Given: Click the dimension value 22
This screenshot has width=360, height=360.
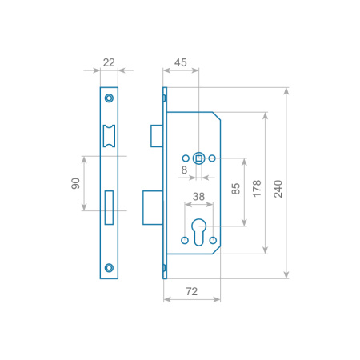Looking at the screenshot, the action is (109, 62).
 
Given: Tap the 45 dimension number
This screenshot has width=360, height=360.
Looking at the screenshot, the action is (181, 62).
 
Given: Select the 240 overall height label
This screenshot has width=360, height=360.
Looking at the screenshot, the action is (278, 189).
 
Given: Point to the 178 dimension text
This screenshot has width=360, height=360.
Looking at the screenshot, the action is (257, 189).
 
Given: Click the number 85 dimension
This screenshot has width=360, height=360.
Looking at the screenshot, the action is (236, 189).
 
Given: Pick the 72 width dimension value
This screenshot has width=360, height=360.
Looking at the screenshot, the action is (192, 291).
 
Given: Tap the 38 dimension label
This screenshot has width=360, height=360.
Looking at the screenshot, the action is (198, 197).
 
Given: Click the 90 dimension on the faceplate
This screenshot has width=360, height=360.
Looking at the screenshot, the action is (76, 183).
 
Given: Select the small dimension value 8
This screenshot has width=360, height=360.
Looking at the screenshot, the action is (184, 170).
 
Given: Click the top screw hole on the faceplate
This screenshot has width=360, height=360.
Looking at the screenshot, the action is (109, 98).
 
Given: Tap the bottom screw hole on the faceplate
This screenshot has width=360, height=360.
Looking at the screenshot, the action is (109, 267).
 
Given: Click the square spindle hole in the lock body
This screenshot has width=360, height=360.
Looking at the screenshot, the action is (198, 158).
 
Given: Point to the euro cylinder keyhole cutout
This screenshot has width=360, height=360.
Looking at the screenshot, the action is (199, 232).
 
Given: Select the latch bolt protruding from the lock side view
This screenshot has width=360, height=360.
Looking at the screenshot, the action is (157, 136).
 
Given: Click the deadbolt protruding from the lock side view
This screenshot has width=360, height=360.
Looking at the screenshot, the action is (153, 208).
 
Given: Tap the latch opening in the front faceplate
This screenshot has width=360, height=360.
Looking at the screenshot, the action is (109, 136).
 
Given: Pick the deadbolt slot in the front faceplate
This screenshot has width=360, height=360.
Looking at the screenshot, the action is (109, 207).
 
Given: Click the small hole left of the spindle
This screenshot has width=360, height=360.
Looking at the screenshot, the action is (186, 158).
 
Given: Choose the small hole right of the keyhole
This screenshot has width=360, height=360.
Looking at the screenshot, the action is (213, 240).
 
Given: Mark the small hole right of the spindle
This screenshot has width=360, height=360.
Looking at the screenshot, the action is (212, 158).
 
